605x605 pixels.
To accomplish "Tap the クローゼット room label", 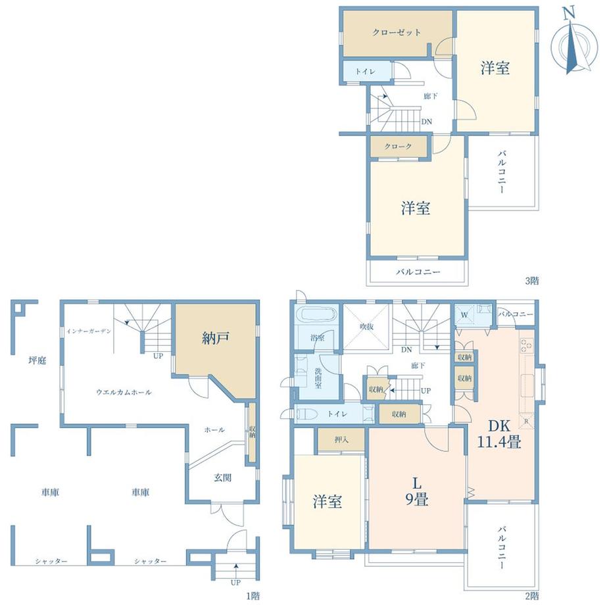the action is [x=397, y=32].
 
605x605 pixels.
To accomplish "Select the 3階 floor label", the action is [x=532, y=281].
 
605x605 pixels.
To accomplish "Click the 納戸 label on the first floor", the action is [x=216, y=338].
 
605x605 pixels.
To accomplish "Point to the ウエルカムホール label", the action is [x=124, y=392].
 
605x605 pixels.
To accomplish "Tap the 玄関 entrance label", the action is [x=223, y=477].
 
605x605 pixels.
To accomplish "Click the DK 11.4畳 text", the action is [x=499, y=433].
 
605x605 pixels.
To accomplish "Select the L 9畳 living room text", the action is [x=417, y=491].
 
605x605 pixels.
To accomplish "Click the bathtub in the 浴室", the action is [x=316, y=315].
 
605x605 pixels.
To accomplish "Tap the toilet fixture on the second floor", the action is [x=306, y=414].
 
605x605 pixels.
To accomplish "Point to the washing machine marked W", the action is [x=464, y=315].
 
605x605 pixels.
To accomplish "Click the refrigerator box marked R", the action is [x=526, y=422].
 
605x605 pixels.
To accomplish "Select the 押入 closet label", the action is [x=341, y=439].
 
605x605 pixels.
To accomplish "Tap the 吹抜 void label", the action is [x=367, y=327].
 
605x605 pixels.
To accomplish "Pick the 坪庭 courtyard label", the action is [x=37, y=360].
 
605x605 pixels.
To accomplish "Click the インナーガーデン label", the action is [x=89, y=331].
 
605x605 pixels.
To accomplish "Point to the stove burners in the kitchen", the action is [x=526, y=345].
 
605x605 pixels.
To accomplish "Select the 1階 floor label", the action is [x=253, y=596].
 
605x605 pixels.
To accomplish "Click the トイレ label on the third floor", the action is [x=365, y=72].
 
